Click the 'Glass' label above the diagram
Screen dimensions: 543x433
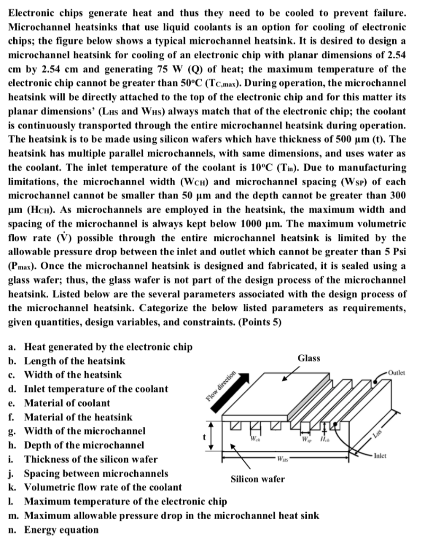coord(309,358)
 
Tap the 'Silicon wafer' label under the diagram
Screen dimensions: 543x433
coord(258,479)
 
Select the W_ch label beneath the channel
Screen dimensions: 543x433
coord(255,440)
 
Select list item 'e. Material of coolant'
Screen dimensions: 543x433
coord(60,402)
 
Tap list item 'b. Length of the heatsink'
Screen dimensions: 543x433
coord(67,361)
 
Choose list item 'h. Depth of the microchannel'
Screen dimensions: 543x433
coord(76,445)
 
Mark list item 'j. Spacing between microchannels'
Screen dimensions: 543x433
coord(89,473)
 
